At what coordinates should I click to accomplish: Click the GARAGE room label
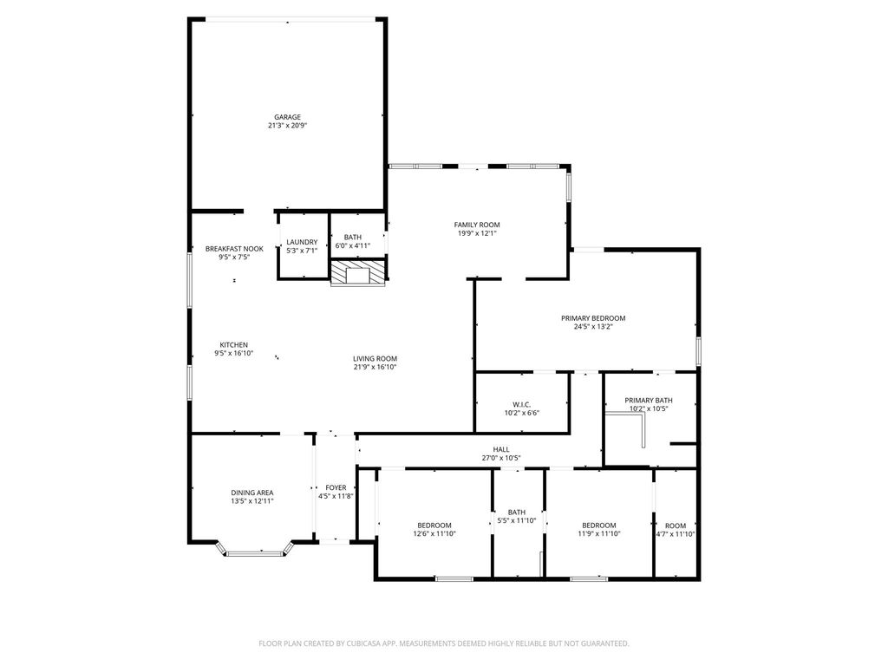coord(288,117)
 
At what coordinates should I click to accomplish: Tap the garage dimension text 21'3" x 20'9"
coord(288,126)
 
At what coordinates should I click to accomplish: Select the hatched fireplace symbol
coord(358,272)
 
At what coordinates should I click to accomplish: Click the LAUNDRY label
coord(302,242)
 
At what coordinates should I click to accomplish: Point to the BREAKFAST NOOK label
coord(234,249)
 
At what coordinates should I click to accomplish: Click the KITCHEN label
coord(234,345)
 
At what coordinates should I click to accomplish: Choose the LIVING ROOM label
coord(375,358)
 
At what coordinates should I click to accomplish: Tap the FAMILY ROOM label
coord(477,225)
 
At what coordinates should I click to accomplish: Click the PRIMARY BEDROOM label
coord(593,318)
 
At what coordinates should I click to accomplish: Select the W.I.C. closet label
coord(521,404)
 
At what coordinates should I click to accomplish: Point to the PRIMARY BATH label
coord(649,401)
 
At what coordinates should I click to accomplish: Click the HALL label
coord(501,450)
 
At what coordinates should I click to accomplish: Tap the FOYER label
coord(336,487)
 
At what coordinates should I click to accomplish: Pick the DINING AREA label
coord(252,493)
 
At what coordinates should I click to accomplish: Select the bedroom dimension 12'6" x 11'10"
coord(434,533)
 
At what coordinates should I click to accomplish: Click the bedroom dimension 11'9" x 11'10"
coord(599,533)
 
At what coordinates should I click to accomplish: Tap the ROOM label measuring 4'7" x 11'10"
coord(676,526)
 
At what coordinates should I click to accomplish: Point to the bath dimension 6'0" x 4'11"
coord(353,245)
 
